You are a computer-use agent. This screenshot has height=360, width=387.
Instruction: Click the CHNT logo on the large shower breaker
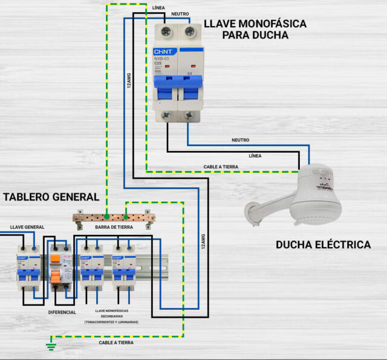[x=164, y=52]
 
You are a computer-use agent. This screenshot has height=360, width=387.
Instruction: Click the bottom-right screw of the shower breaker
[x=190, y=115]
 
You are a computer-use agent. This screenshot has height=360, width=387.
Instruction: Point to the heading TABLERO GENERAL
[x=51, y=197]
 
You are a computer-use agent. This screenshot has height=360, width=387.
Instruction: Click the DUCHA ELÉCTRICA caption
[x=323, y=245]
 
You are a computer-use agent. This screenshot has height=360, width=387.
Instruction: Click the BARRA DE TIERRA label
[x=113, y=227]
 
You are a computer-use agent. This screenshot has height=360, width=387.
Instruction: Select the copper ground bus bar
[x=114, y=217]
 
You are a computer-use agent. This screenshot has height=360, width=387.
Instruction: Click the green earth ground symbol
[x=50, y=346]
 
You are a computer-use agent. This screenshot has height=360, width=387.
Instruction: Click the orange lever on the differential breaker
[x=55, y=277]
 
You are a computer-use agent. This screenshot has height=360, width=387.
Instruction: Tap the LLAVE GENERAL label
[x=27, y=227]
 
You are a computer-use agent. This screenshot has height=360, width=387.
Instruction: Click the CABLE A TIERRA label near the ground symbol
[x=117, y=342]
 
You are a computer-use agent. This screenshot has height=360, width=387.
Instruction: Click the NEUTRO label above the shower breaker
[x=180, y=13]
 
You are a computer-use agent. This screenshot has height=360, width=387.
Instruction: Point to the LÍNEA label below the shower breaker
[x=255, y=155]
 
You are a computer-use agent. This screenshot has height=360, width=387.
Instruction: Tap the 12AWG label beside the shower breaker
[x=128, y=82]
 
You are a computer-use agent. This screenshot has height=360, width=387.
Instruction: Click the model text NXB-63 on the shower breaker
[x=162, y=59]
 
